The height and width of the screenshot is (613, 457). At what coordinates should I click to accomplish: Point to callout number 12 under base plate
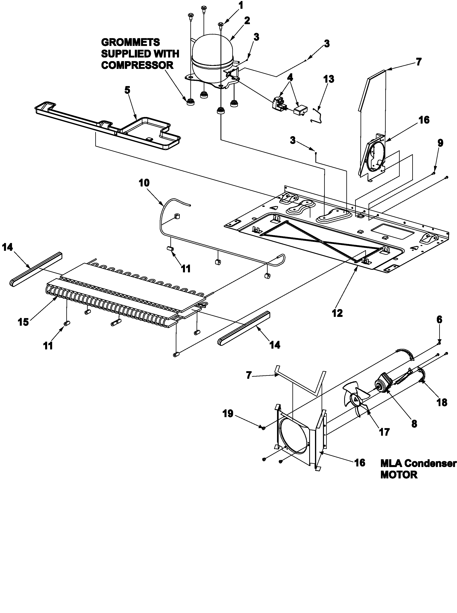(337, 313)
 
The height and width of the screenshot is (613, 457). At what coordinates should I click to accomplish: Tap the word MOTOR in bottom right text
(399, 475)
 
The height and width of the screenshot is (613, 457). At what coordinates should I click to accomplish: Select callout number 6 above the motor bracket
(439, 320)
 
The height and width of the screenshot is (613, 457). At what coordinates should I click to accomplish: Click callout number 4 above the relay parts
(290, 77)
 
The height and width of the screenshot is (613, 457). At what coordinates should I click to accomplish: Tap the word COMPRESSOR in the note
(137, 65)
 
